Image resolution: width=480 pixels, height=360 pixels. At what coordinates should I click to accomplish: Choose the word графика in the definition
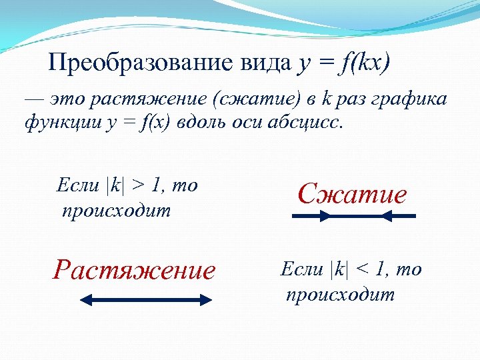click(404, 101)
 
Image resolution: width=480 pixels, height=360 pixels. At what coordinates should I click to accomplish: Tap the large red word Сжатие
click(352, 194)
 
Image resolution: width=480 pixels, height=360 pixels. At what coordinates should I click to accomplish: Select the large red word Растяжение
click(135, 270)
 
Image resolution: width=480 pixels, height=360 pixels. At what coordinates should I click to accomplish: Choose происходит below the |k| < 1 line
click(341, 295)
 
